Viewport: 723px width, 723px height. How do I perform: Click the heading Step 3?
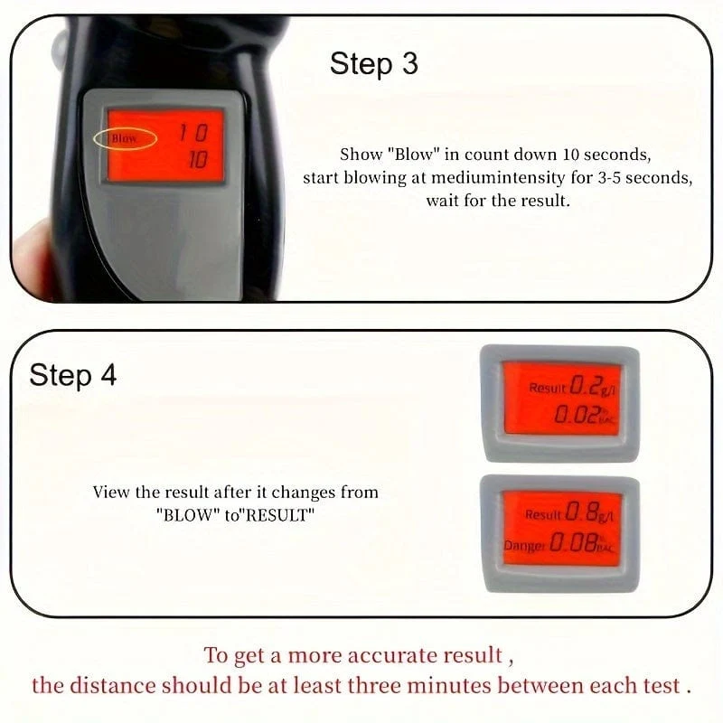(x=374, y=64)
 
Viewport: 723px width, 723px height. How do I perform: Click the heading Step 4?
(x=73, y=375)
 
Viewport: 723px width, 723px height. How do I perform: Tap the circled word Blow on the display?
(x=124, y=138)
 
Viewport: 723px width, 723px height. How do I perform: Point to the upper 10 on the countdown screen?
(x=193, y=133)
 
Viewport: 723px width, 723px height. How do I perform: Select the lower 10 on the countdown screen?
(x=198, y=160)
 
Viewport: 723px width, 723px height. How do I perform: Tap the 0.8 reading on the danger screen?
(x=581, y=512)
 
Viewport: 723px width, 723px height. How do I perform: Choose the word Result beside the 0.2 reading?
(x=547, y=388)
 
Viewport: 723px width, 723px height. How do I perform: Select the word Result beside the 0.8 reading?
(x=544, y=514)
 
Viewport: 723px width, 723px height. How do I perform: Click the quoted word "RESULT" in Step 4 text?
(x=279, y=514)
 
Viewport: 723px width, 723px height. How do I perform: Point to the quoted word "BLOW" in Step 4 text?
(x=188, y=514)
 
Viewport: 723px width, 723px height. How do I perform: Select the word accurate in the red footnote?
(x=393, y=655)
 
